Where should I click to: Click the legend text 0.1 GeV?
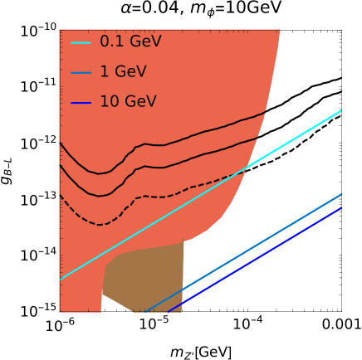(x=130, y=41)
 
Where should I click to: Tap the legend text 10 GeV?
(x=127, y=102)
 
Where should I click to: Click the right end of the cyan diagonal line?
(x=341, y=110)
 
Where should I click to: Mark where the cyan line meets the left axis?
(x=61, y=279)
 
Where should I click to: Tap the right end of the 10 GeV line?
(x=341, y=208)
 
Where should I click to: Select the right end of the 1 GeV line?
(x=341, y=194)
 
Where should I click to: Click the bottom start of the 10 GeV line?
(x=169, y=312)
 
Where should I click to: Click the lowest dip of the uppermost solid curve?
(x=99, y=174)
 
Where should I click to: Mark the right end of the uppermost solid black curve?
(x=267, y=110)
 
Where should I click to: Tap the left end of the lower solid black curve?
(x=61, y=165)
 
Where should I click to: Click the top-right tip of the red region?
(x=280, y=31)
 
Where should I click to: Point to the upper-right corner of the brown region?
(x=183, y=242)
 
